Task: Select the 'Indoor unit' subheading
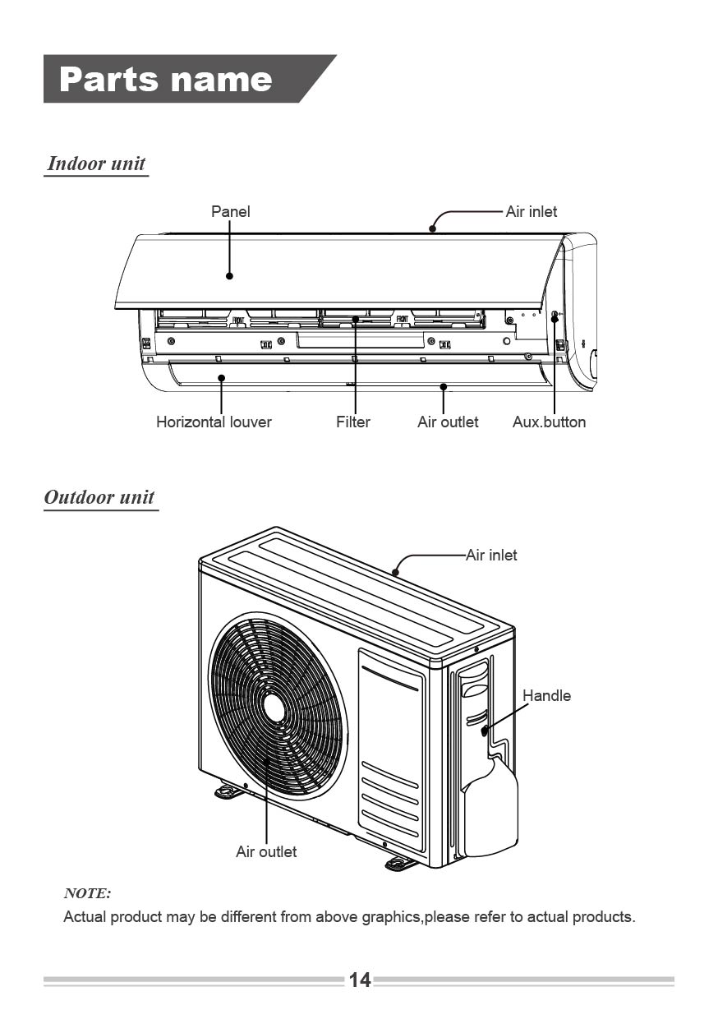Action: coord(96,164)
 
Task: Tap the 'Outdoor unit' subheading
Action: coord(99,497)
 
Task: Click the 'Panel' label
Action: coord(231,211)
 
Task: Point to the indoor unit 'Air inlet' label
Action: coord(532,211)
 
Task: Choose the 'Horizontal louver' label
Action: coord(214,422)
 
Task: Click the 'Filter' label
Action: coord(353,422)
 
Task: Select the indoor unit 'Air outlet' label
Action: coord(448,422)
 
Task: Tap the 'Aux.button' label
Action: coord(549,422)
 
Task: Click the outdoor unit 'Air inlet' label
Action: coord(491,555)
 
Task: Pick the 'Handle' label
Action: coord(546,695)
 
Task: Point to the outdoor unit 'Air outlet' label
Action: coord(266,851)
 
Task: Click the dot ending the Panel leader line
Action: coord(230,275)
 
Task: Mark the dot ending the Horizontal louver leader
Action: coord(222,377)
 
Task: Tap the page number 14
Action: coord(360,980)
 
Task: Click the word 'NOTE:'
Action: coord(87,893)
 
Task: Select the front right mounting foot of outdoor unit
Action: coord(400,863)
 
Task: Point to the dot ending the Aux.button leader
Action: coord(555,318)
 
